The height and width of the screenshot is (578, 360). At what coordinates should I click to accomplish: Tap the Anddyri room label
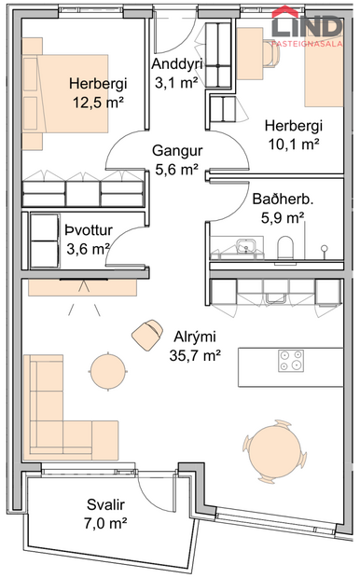[x=175, y=64]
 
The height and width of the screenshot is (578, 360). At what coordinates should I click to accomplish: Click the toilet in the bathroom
[x=286, y=246]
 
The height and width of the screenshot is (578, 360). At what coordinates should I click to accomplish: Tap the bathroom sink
[x=246, y=246]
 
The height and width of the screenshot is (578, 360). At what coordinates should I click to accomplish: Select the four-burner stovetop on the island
[x=290, y=358]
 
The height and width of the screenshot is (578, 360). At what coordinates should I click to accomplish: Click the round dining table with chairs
[x=276, y=448]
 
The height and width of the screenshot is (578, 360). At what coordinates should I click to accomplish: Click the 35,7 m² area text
[x=196, y=354]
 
